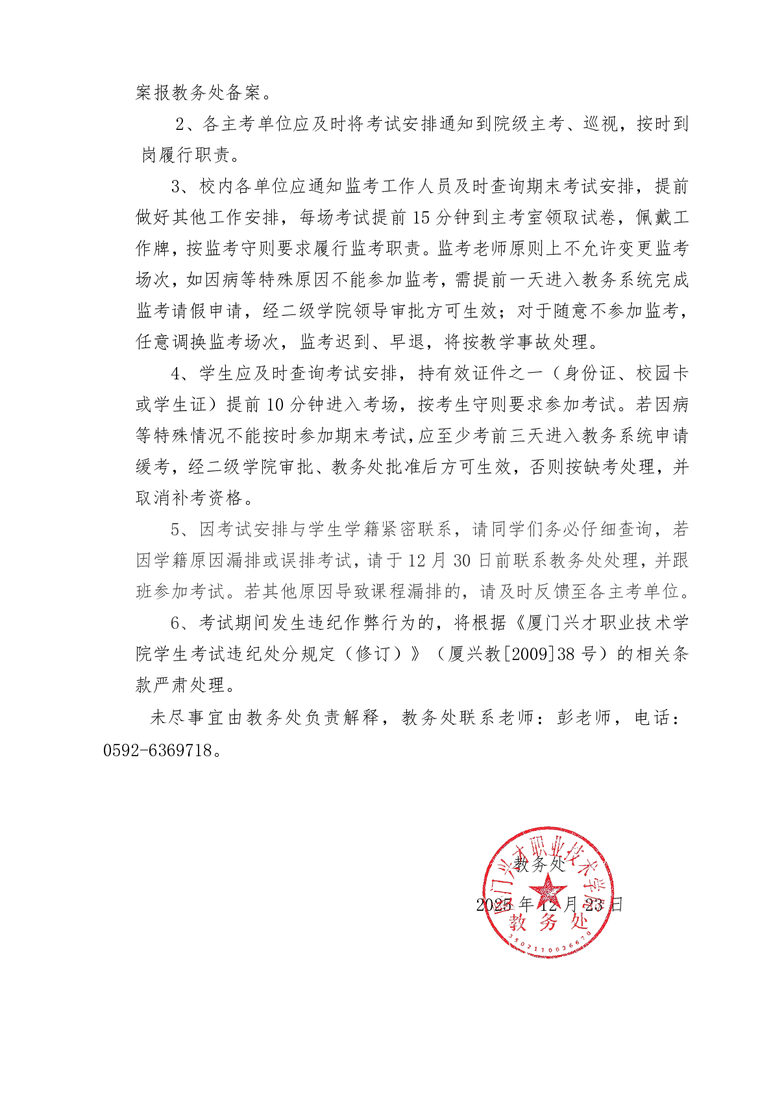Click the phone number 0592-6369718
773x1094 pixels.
158,750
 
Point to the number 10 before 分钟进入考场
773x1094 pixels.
275,405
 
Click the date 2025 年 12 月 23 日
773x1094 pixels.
549,904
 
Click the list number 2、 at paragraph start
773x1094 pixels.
186,124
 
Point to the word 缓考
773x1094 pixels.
153,467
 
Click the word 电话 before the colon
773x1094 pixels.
652,718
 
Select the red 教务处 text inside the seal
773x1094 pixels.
548,921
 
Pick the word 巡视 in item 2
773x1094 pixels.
600,124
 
